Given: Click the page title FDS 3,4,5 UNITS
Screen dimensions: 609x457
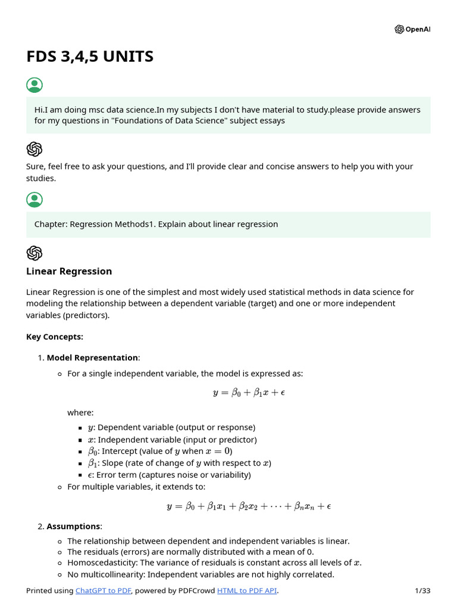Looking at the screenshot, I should [x=90, y=56].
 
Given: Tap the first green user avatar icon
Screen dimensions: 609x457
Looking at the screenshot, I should [x=35, y=85].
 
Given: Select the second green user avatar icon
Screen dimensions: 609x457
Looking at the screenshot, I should [x=35, y=200].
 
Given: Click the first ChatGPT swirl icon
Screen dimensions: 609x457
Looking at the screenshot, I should [x=35, y=149].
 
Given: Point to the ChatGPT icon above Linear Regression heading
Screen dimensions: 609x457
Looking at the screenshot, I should [x=35, y=253].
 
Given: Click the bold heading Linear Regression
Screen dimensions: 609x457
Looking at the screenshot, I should [x=69, y=271].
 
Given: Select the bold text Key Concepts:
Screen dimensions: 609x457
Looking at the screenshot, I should [x=55, y=337].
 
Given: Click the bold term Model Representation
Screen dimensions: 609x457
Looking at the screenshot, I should [x=92, y=357].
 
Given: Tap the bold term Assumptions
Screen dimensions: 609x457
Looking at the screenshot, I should [x=74, y=526].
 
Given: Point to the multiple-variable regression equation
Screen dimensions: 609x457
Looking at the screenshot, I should [x=249, y=506].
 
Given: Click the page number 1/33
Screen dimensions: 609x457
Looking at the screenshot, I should [x=422, y=591].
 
